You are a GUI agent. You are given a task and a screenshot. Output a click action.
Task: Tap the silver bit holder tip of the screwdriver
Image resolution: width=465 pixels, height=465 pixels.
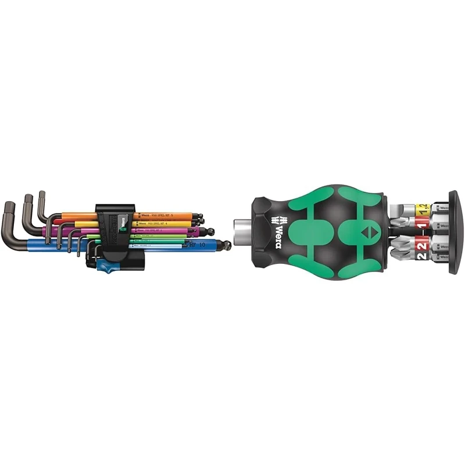[243, 224]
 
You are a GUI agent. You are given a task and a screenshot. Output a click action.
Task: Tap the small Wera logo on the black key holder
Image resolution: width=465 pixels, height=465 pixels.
[122, 221]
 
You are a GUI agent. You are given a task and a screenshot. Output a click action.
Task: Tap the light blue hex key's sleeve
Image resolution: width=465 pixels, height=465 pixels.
[157, 246]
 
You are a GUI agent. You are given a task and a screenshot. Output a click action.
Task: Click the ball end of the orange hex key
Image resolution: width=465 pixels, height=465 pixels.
[199, 216]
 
